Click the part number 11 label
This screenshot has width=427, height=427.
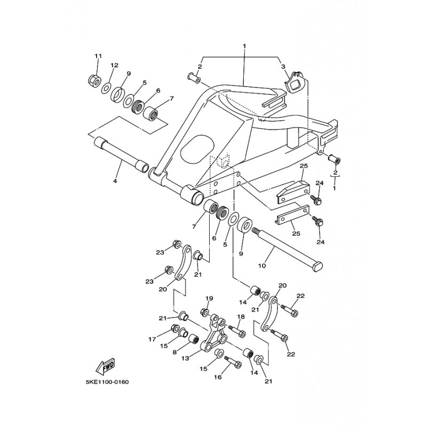98,57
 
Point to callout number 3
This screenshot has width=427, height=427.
283,66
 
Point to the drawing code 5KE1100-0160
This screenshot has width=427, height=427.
106,382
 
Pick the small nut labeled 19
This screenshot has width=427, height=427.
204,311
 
